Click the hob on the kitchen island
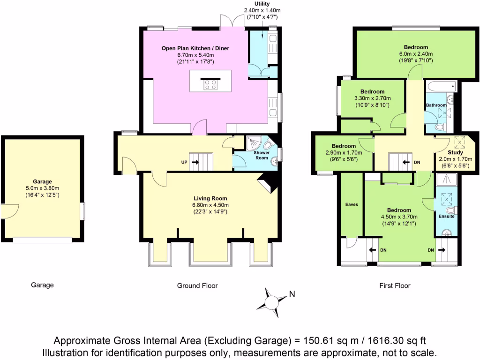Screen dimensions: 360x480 coord(210,84)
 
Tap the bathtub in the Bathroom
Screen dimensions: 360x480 coord(441,86)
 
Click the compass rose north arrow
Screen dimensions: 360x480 coord(271,299)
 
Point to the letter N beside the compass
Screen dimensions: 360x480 coord(292,294)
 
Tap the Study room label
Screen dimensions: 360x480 coord(455,152)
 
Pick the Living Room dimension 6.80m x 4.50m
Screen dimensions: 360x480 coord(210,205)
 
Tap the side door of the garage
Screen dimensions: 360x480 coord(8,211)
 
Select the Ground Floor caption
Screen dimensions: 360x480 coord(197,285)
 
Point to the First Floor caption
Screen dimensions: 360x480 coord(394,285)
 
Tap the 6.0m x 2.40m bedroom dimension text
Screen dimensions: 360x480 coord(416,54)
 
